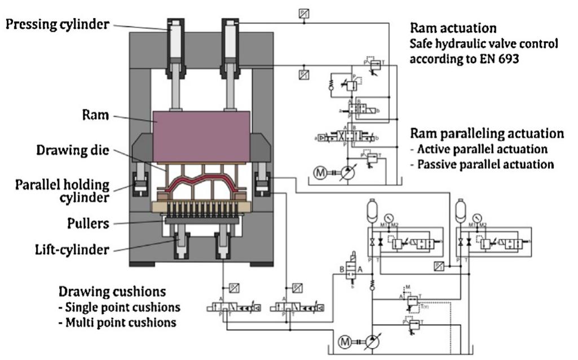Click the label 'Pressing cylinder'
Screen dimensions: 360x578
tap(56, 24)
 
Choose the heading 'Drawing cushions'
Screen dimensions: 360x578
tap(112, 292)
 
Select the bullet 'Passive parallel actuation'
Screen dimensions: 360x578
tap(485, 165)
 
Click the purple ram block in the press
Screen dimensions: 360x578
tap(202, 135)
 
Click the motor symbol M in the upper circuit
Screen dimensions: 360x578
tap(320, 173)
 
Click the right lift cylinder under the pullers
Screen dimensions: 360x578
tap(225, 243)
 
